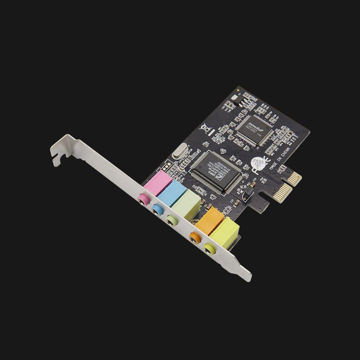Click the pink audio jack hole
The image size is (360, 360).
pyautogui.click(x=142, y=199)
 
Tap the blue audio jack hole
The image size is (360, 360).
pyautogui.click(x=156, y=210)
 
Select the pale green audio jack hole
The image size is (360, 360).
pyautogui.click(x=171, y=220)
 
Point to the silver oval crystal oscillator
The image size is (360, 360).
pyautogui.click(x=179, y=151)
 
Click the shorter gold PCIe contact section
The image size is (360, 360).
pyautogui.click(x=296, y=177)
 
